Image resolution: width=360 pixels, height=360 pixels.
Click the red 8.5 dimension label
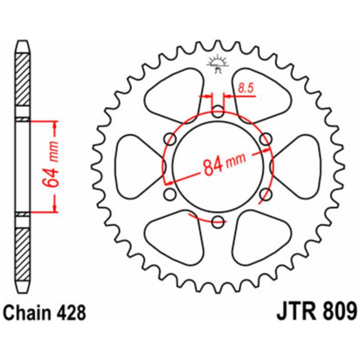[245, 88]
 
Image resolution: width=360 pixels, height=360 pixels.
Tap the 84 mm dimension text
[224, 163]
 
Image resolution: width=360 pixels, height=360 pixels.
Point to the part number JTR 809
[317, 311]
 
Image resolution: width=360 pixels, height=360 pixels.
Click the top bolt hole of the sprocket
[217, 112]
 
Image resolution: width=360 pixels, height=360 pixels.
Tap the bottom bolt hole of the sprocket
[217, 222]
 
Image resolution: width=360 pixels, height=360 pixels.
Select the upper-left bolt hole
[170, 139]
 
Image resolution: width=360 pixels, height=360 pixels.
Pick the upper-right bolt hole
[266, 139]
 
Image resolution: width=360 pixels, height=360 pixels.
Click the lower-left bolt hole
[170, 194]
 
